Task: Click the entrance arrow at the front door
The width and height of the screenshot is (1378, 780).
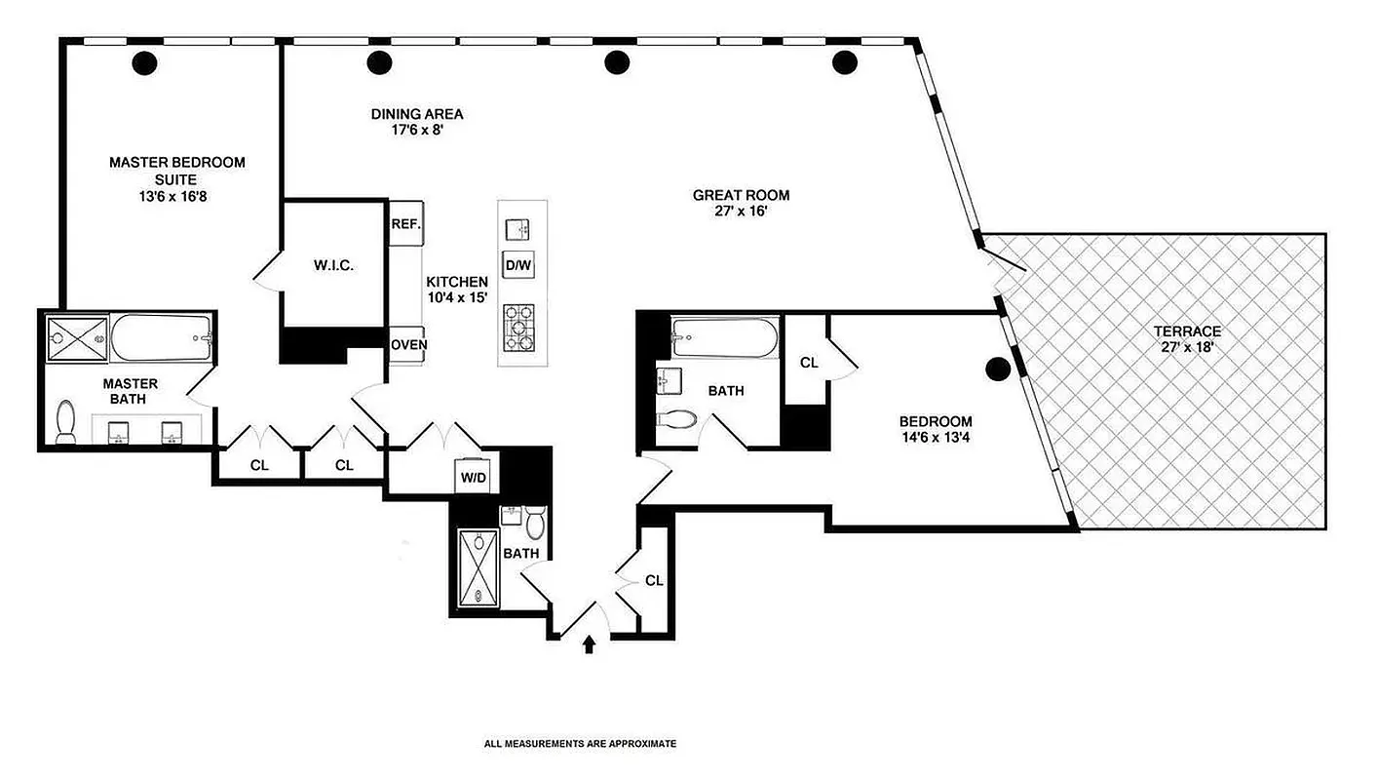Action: pos(589,644)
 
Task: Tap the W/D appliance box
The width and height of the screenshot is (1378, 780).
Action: pos(474,478)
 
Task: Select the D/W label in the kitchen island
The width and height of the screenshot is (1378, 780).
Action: pos(517,264)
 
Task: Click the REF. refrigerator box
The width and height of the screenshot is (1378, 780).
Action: pos(405,223)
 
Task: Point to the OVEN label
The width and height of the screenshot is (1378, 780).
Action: pos(408,344)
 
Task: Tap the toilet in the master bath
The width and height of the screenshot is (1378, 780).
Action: pos(66,421)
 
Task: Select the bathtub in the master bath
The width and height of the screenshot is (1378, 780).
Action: pos(162,338)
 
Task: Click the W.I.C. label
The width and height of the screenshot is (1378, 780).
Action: pos(332,264)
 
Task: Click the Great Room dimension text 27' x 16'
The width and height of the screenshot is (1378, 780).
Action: pos(741,213)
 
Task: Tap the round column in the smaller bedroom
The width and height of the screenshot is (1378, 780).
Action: pos(997,369)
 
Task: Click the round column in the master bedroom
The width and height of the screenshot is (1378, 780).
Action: pos(144,63)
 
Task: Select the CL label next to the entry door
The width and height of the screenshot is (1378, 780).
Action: pos(653,580)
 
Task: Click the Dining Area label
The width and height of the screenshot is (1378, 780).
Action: pos(416,113)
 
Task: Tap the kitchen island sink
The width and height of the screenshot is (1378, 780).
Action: pos(517,229)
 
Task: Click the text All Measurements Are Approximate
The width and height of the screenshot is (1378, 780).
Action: pos(580,744)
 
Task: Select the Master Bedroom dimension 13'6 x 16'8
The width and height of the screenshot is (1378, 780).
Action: pos(176,196)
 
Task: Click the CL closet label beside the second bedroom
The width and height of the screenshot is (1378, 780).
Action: pos(809,363)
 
